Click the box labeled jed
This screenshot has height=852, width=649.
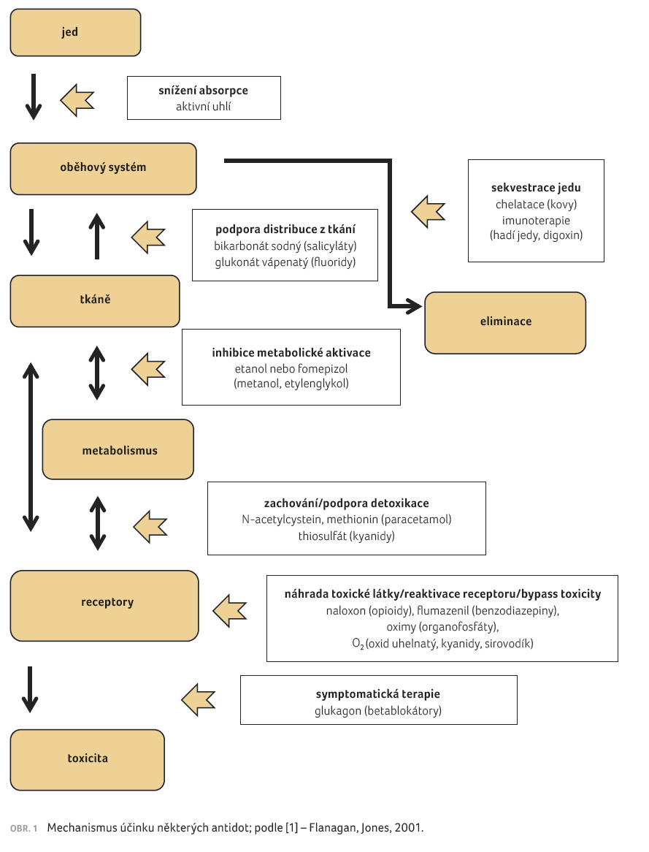click(x=75, y=33)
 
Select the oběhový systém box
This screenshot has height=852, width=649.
click(x=103, y=169)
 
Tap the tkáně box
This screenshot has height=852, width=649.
click(x=95, y=301)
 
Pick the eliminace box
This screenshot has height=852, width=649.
click(x=505, y=323)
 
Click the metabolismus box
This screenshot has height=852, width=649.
click(x=118, y=449)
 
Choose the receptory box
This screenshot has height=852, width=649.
click(x=104, y=606)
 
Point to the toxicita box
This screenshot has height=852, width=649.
click(x=88, y=760)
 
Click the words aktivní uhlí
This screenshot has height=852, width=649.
click(x=203, y=107)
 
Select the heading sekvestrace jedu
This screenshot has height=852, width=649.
click(x=536, y=188)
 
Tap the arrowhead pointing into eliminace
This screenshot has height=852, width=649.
click(x=415, y=306)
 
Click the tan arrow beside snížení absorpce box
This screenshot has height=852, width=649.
click(x=77, y=100)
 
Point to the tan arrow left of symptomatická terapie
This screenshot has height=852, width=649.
click(x=199, y=700)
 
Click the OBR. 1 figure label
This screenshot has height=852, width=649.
click(x=24, y=829)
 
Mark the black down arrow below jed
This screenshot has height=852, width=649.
click(x=34, y=96)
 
